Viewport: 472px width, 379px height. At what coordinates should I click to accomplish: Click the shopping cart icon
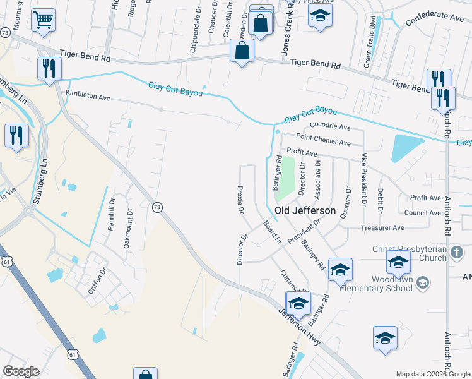(x=43, y=20)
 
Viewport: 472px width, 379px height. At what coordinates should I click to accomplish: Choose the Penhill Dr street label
(x=112, y=215)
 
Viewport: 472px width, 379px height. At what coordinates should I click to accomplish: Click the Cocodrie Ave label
(x=330, y=126)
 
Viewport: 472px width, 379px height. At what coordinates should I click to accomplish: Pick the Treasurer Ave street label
(x=382, y=227)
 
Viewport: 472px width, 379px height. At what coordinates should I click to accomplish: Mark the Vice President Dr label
(x=364, y=179)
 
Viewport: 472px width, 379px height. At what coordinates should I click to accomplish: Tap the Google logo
(x=21, y=371)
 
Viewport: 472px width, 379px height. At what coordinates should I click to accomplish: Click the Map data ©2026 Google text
(x=433, y=374)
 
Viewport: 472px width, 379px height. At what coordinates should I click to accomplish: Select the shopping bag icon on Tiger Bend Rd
(x=242, y=51)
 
